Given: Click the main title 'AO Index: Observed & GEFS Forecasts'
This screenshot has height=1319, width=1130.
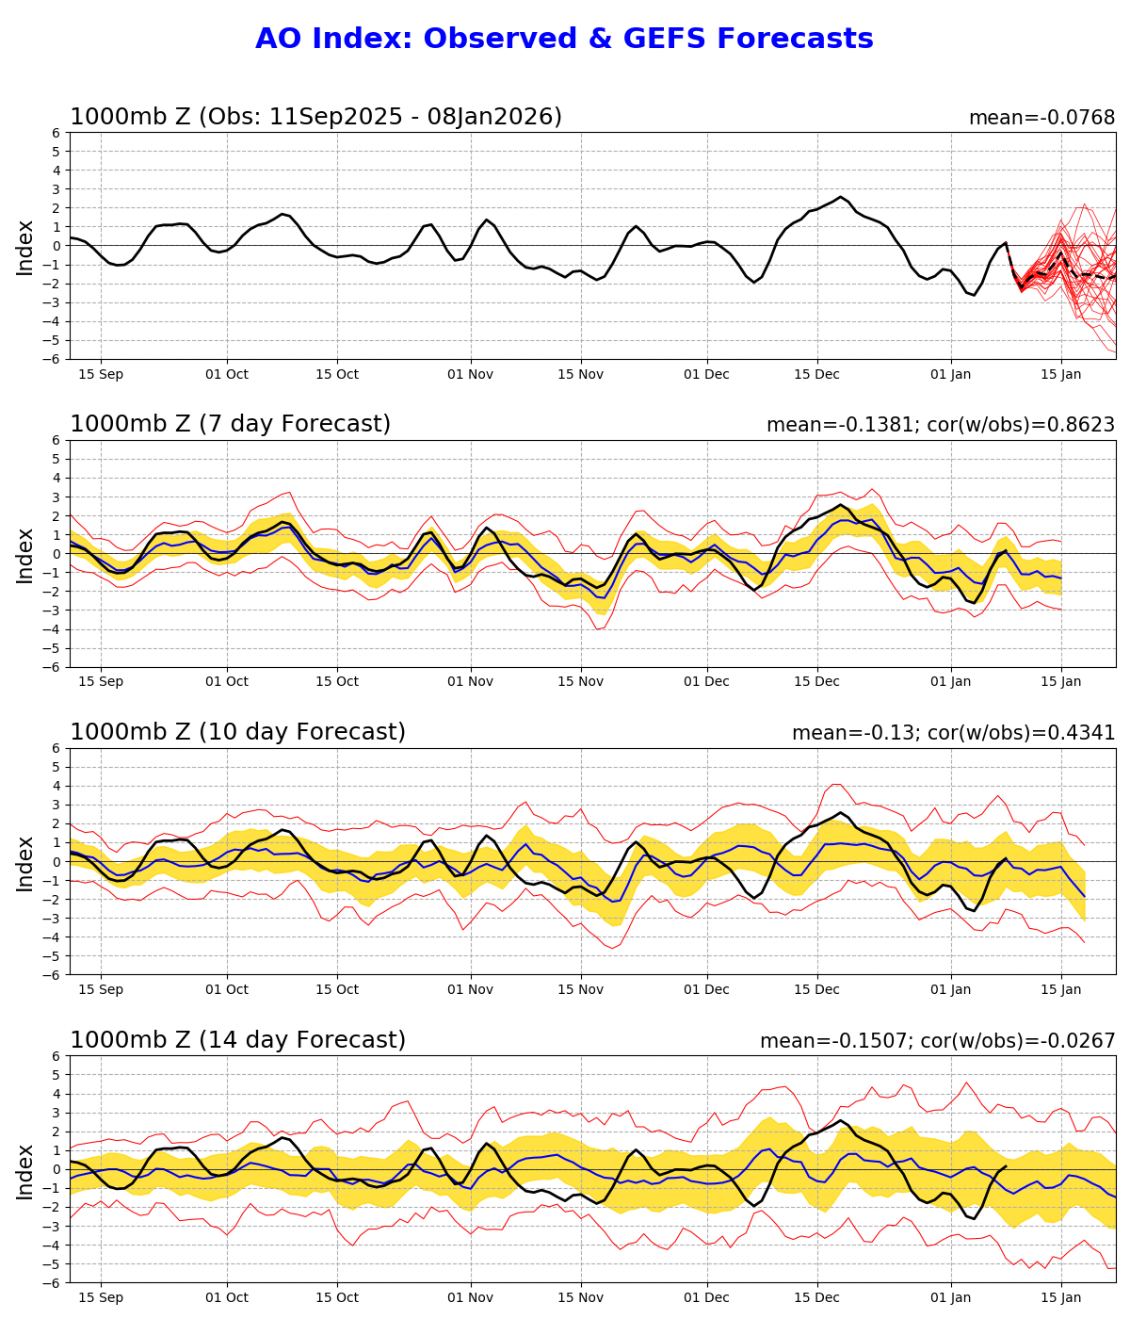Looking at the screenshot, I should pos(564,39).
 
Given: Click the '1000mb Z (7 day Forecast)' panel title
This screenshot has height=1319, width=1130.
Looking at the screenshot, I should pos(230,425).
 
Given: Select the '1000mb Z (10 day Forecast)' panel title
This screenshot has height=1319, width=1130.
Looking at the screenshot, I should pos(237,732).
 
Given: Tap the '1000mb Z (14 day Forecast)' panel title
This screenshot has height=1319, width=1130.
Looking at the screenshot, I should pos(237,1040).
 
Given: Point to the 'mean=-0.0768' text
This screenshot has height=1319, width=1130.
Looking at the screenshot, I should pos(1041,118).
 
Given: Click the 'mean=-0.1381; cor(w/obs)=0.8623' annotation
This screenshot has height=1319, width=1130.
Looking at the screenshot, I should pos(941,425).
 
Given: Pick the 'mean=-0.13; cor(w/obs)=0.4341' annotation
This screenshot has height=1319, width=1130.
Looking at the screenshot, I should pos(953,733).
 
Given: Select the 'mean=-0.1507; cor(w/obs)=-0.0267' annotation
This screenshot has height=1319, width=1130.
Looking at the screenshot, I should pos(937,1041).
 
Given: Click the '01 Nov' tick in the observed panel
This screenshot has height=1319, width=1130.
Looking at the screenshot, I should pos(470,373).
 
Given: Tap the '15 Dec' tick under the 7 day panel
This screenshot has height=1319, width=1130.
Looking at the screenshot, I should pos(816,681).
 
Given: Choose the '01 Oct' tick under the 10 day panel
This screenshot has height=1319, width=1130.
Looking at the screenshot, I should pos(226,989).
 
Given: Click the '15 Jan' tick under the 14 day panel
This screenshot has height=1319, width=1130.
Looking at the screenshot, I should pos(1061,1297).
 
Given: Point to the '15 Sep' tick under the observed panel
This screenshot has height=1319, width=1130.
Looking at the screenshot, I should pos(101,373).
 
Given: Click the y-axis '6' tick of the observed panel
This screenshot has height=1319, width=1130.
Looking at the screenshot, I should pos(57,133).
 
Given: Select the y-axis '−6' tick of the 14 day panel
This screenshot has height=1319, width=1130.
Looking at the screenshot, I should pos(54,1283).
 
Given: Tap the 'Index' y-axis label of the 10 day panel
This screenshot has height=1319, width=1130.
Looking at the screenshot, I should pos(25,862).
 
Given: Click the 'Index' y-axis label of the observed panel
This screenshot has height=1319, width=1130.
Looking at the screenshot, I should pos(25,246).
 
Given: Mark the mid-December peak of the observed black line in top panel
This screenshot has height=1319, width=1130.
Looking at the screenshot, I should pos(841,197).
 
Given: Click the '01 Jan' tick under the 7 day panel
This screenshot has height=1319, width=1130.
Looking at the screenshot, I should pos(950,681).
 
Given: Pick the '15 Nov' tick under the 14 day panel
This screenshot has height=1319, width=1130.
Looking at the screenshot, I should pos(580,1297).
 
